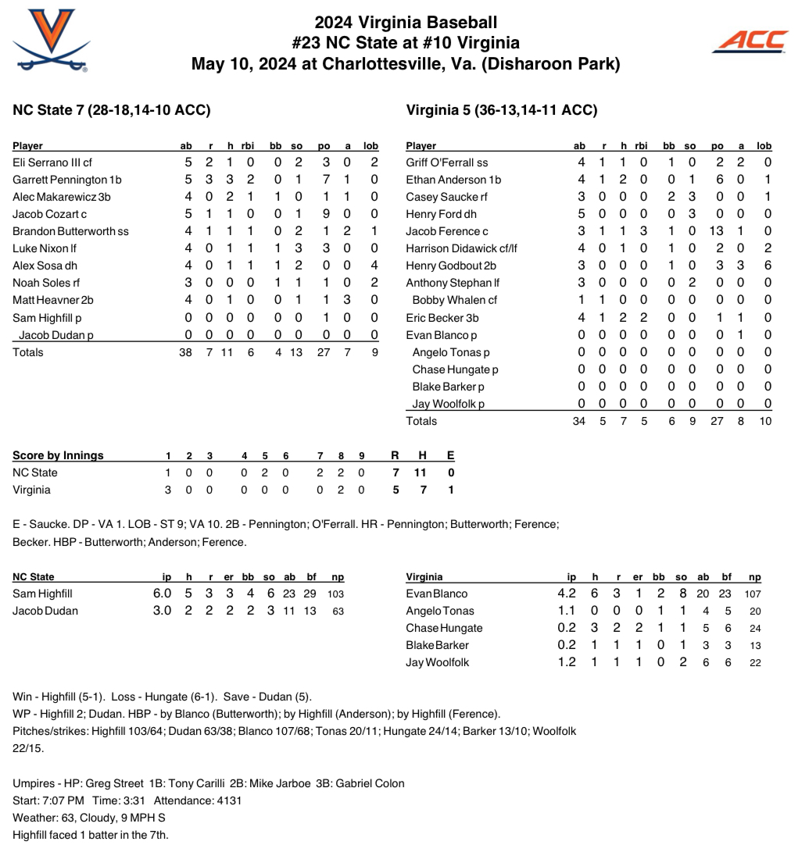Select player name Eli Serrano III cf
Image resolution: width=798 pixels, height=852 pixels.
(x=52, y=162)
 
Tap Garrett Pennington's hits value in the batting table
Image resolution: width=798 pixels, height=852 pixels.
(x=230, y=180)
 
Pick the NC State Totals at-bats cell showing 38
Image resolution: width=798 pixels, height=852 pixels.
(x=185, y=352)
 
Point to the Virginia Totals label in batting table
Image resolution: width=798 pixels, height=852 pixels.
(x=421, y=421)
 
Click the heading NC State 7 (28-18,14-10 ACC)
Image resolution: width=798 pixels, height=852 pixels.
(x=112, y=110)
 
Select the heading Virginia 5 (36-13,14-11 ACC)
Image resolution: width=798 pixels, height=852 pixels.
(x=502, y=110)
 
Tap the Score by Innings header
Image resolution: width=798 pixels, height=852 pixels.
(x=58, y=455)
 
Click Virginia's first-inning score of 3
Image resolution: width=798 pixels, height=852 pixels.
(x=168, y=490)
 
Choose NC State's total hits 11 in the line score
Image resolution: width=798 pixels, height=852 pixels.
(x=423, y=472)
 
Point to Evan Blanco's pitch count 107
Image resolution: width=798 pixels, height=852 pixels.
(x=753, y=594)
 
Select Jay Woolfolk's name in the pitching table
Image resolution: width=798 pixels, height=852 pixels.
(x=437, y=662)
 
